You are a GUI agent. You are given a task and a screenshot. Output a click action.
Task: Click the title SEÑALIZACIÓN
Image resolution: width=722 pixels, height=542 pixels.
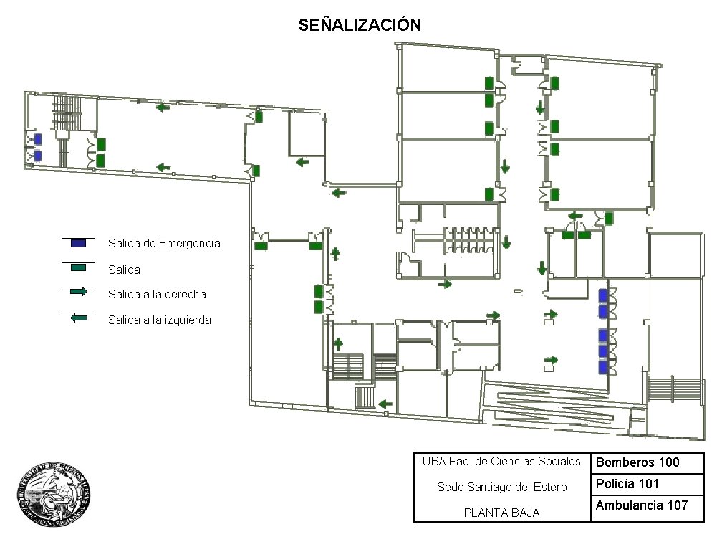click(x=360, y=25)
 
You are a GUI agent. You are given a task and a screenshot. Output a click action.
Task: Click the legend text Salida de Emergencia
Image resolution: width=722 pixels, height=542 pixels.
click(x=164, y=244)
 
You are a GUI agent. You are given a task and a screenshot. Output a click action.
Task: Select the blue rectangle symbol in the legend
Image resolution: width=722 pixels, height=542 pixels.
click(x=79, y=244)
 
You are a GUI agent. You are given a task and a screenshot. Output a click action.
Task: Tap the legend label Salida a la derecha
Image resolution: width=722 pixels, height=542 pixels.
click(x=157, y=294)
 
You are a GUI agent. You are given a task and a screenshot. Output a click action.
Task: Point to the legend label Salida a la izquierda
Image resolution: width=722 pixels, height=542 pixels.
click(x=160, y=320)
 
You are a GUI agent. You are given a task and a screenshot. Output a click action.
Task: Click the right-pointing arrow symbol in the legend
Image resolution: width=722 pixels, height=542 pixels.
click(x=79, y=292)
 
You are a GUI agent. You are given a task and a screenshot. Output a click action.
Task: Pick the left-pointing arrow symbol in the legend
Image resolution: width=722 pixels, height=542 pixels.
click(x=79, y=317)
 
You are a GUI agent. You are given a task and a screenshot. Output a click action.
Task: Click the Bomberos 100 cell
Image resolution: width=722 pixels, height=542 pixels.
click(x=637, y=462)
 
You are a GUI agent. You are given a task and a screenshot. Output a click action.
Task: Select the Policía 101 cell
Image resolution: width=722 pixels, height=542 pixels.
click(x=627, y=484)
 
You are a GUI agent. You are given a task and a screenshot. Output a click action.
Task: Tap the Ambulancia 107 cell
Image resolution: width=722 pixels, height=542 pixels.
click(x=642, y=505)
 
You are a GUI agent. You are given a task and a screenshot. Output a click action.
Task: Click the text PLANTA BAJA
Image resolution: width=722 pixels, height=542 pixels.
click(x=501, y=513)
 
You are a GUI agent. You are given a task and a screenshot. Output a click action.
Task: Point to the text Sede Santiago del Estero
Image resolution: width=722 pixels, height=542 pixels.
click(x=501, y=488)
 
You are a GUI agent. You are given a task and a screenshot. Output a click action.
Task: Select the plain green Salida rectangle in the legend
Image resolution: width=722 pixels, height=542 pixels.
click(x=79, y=267)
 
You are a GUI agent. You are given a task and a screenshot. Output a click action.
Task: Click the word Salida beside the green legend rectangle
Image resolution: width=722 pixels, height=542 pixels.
click(x=124, y=270)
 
